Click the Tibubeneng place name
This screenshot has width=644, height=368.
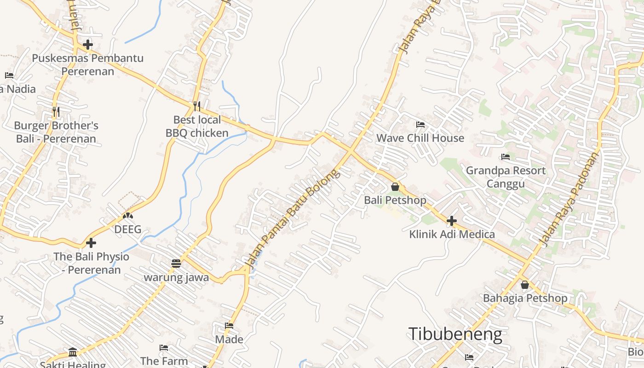455,334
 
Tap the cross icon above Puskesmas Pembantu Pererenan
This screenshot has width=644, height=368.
88,45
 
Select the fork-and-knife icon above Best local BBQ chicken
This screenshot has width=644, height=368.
197,106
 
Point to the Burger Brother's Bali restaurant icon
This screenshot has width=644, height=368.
56,112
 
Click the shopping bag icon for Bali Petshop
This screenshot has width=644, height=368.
395,187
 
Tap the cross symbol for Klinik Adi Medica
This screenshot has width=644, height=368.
452,221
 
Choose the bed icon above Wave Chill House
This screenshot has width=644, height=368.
420,124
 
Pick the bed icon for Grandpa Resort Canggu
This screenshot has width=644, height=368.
506,157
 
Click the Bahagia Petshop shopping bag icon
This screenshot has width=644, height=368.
524,285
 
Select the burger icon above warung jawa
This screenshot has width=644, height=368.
176,264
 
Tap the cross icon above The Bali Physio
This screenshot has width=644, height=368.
91,242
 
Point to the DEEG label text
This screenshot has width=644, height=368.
127,229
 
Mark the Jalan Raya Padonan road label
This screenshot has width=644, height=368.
569,199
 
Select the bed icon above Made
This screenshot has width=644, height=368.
229,326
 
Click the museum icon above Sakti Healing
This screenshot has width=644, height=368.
73,352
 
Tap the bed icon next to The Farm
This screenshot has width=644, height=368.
163,348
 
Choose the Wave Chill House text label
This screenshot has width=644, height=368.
420,138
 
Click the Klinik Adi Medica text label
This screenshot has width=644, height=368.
452,234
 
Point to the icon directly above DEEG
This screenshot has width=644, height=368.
127,215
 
